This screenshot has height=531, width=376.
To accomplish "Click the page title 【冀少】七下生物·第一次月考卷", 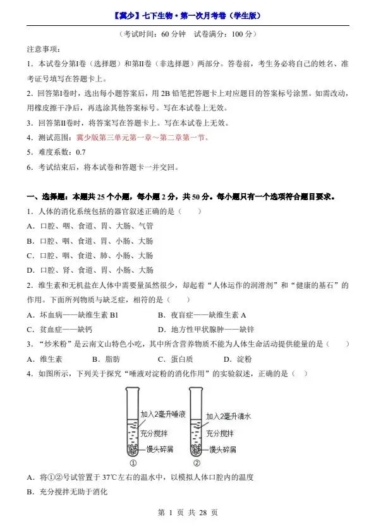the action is click(188, 15).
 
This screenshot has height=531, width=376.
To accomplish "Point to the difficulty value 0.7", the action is click(80, 153).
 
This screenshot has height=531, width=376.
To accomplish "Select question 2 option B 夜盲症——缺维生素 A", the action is click(202, 315).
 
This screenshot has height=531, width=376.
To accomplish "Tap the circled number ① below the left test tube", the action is click(133, 462).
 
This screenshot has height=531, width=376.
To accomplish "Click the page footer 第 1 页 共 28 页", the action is click(188, 513).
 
